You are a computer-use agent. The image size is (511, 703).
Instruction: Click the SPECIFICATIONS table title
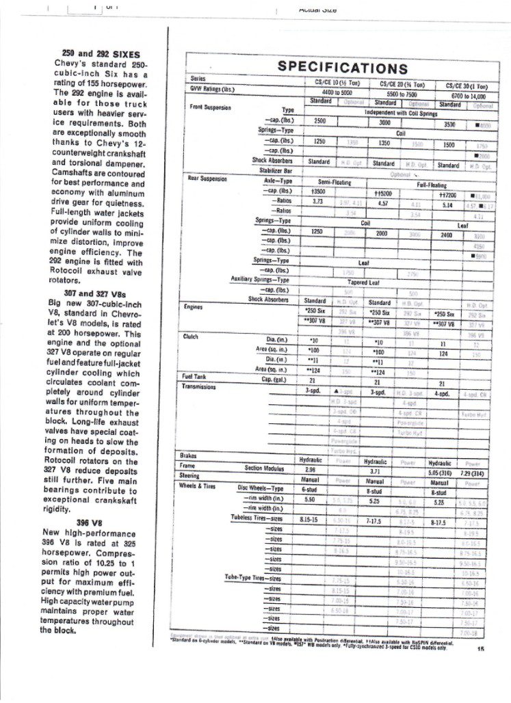(x=341, y=68)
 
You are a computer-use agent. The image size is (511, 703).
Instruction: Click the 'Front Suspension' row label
(x=211, y=107)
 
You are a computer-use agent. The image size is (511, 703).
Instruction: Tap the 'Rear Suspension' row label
(x=207, y=178)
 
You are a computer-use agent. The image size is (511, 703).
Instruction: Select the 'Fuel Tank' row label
(x=196, y=377)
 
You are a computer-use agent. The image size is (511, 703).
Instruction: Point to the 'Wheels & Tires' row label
(x=200, y=485)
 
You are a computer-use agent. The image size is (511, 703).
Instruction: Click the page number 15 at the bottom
(x=481, y=651)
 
